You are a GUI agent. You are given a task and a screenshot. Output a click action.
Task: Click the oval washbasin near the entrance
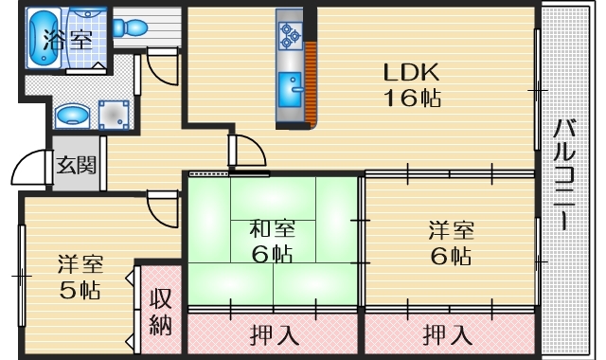70,116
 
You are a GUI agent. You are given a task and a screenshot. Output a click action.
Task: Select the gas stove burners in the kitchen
289,35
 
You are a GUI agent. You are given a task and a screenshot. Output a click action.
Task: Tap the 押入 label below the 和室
271,334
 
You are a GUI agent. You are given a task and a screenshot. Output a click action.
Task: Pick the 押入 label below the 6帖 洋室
444,334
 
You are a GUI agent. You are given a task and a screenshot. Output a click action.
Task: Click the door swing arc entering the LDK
244,152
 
